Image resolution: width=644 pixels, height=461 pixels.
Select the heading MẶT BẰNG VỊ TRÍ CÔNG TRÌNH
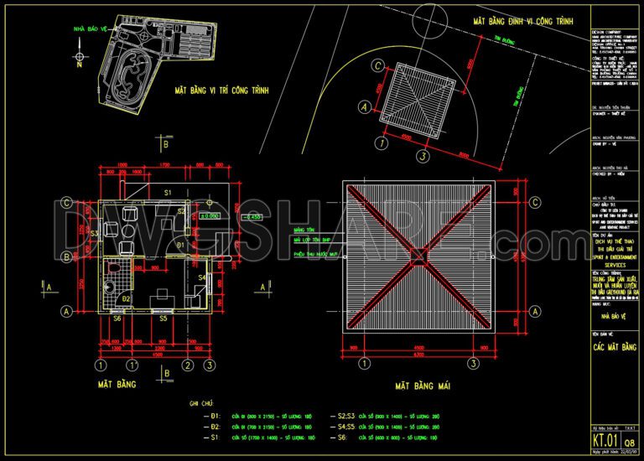click(221, 89)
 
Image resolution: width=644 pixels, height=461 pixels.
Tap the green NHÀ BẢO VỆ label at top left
click(91, 29)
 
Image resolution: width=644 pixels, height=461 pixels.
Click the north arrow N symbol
click(79, 61)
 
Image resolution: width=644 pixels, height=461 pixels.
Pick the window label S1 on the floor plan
click(167, 194)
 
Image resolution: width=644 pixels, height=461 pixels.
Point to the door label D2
click(127, 298)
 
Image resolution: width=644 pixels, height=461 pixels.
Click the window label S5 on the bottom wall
click(164, 319)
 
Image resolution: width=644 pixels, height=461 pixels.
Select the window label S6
click(117, 319)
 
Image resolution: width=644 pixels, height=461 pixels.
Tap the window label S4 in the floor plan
click(201, 277)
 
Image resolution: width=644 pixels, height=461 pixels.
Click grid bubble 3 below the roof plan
click(474, 364)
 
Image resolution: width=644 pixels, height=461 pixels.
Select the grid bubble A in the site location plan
click(364, 107)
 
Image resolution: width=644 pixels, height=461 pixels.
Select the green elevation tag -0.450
click(252, 216)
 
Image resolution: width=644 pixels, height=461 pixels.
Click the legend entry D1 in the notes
click(215, 416)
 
